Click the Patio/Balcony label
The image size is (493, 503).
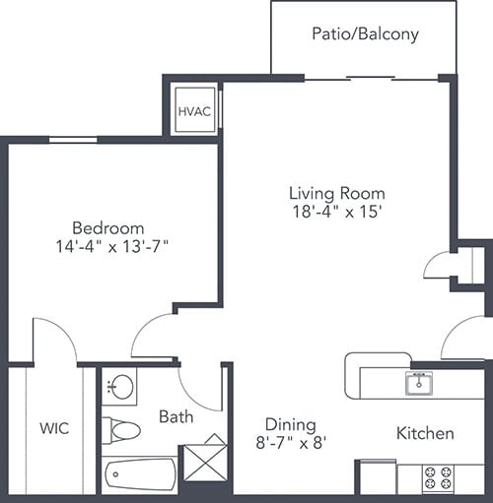(x=365, y=34)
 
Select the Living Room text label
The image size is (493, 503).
(x=336, y=193)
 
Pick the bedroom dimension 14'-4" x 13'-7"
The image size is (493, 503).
(x=113, y=247)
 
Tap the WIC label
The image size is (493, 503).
(x=53, y=429)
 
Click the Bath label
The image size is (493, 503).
(x=176, y=416)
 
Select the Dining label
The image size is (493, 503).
(x=290, y=424)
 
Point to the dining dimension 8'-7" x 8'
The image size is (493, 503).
(x=290, y=443)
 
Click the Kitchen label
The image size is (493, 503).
(x=425, y=433)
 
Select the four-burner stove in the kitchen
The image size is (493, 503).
(x=440, y=478)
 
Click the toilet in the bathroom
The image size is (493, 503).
(x=122, y=430)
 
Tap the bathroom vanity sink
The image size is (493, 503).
(x=120, y=387)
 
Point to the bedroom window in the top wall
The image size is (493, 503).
(x=73, y=140)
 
